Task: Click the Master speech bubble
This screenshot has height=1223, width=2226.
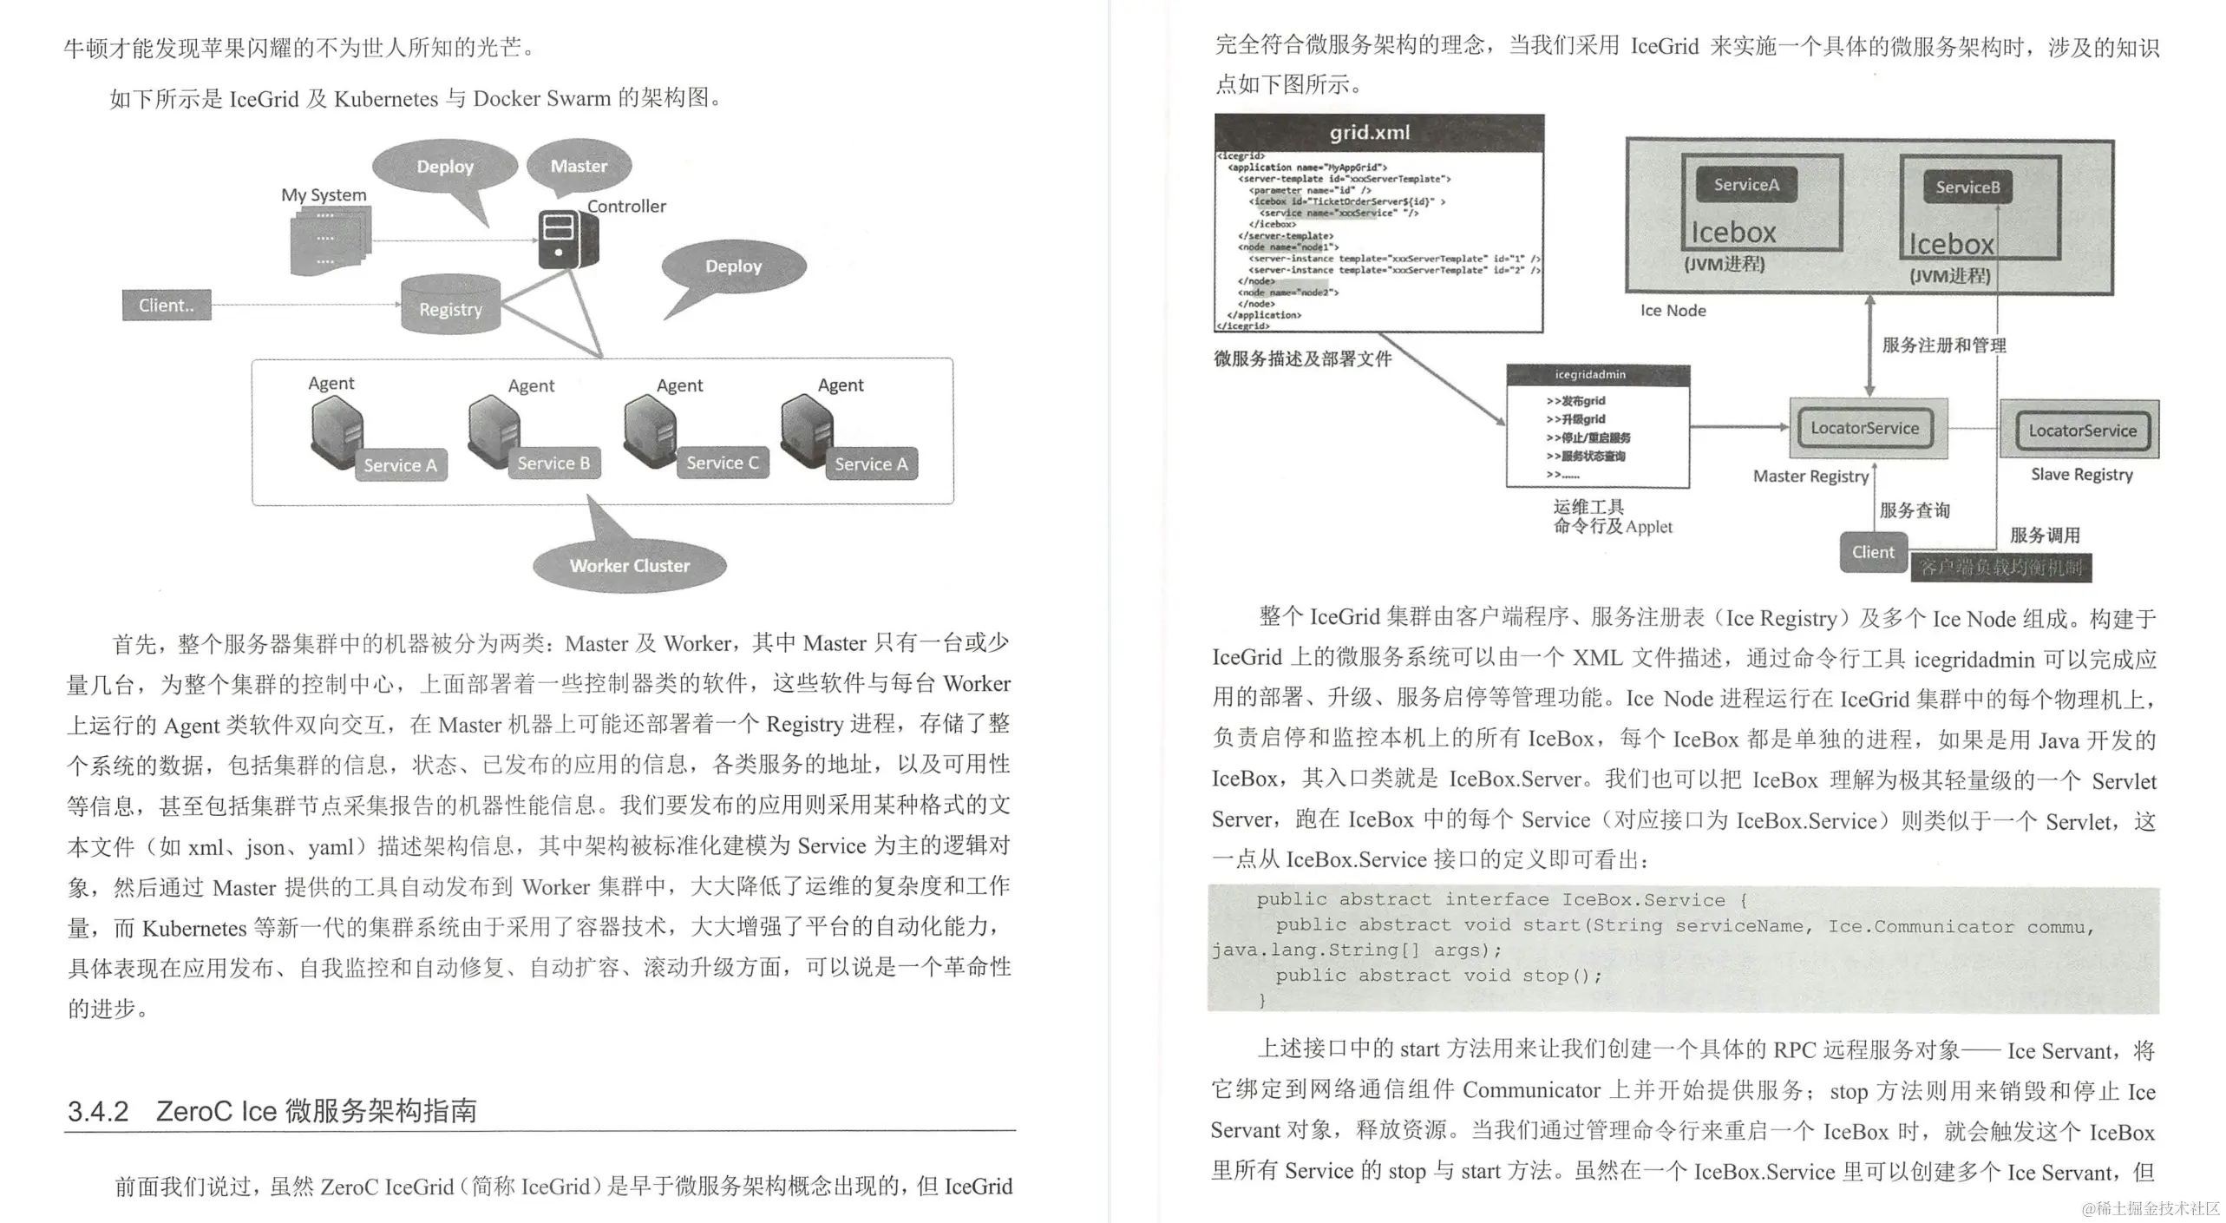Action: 579,165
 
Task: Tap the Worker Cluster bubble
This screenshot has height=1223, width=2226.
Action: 630,565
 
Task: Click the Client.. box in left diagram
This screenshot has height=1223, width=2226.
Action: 167,306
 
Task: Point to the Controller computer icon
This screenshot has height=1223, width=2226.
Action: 566,239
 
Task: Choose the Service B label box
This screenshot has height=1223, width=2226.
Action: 553,464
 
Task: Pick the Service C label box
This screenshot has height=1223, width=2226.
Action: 722,464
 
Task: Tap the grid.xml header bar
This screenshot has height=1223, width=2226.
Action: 1378,132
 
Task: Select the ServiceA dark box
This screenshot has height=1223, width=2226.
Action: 1745,185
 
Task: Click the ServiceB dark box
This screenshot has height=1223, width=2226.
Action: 1967,187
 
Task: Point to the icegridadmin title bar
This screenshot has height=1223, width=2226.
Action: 1598,375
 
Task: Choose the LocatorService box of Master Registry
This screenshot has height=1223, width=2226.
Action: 1864,429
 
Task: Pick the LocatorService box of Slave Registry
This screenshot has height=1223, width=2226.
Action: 2082,431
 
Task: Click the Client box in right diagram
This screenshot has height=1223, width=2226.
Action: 1873,552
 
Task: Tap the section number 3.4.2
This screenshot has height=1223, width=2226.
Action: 98,1111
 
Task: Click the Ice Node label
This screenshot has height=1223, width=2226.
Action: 1673,311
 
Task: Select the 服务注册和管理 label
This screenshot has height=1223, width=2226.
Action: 1943,345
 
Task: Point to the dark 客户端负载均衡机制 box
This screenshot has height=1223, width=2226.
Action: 2000,568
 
